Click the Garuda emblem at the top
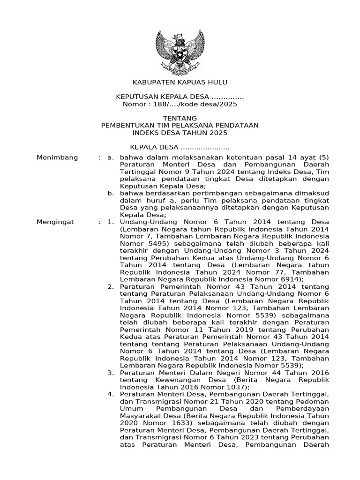click(180, 52)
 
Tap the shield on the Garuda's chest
click(180, 56)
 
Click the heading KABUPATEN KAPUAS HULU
click(180, 82)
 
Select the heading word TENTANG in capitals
click(180, 118)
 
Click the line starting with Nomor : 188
click(180, 104)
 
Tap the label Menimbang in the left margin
click(57, 157)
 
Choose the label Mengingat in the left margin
click(55, 221)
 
